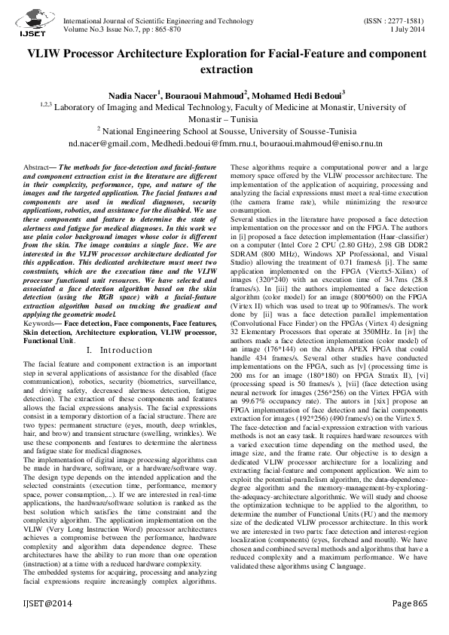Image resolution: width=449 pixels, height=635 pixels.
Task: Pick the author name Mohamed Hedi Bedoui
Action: (298, 96)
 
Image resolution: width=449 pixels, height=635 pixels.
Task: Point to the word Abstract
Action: (40, 166)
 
